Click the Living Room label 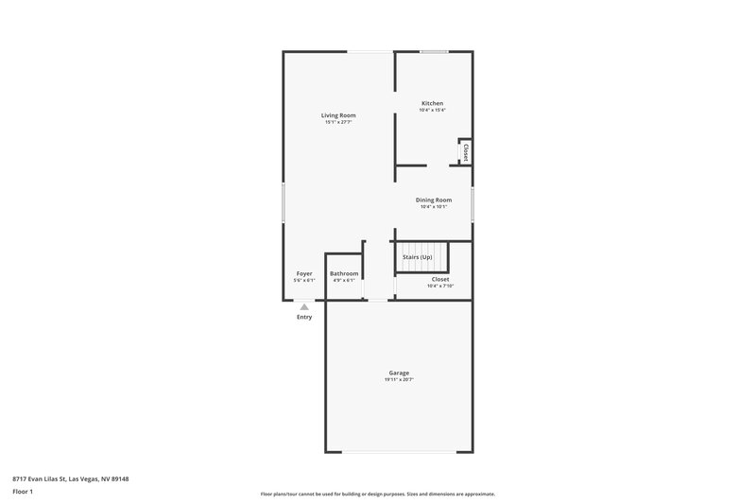coord(338,115)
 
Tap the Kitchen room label coord(432,103)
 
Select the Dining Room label coord(434,200)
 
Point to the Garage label coord(399,373)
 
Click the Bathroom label coord(344,273)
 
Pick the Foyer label coord(304,273)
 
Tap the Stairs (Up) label coord(418,257)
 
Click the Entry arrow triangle coord(304,306)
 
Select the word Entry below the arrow coord(304,317)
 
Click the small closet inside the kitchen coord(465,152)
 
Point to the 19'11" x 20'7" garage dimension coord(399,380)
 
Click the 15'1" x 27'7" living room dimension coord(338,123)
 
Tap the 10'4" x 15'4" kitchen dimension coord(432,111)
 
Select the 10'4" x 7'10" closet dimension coord(440,287)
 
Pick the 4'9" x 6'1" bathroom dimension coord(344,281)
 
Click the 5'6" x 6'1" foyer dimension coord(304,281)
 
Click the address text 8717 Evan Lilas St coord(72,478)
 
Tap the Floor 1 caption coord(24,492)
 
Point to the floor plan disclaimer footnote coord(377,495)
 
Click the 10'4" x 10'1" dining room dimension coord(434,207)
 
